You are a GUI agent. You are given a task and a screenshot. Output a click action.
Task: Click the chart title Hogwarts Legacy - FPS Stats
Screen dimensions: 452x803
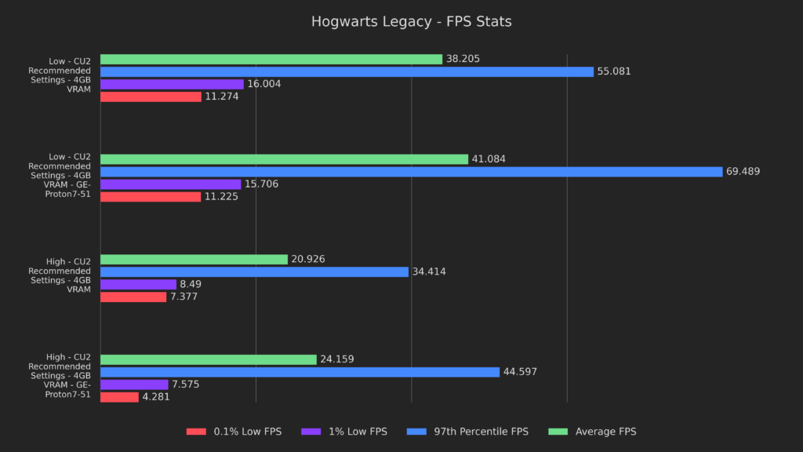(411, 22)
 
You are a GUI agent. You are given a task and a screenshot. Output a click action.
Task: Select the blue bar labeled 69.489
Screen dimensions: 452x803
(411, 172)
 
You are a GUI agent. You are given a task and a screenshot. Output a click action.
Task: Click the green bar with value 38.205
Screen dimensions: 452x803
(271, 59)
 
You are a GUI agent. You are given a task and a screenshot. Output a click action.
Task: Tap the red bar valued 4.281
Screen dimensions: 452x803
(119, 397)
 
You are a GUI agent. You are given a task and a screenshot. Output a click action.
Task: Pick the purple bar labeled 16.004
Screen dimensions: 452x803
(172, 84)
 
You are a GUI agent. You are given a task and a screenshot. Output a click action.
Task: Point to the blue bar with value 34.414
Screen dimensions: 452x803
(254, 272)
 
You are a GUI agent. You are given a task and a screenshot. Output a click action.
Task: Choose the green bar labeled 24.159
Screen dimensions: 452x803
(208, 359)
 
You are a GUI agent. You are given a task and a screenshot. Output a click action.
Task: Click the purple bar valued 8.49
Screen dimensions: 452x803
(138, 285)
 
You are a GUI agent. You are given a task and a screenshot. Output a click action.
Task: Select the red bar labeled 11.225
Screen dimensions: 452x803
(151, 197)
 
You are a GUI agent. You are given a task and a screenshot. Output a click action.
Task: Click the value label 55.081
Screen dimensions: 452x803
(614, 71)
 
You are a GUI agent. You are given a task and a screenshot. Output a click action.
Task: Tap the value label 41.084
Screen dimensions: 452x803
(489, 159)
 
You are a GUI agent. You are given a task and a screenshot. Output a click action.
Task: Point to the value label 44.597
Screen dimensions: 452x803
(520, 372)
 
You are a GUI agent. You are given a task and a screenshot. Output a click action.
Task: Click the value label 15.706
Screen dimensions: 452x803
(261, 184)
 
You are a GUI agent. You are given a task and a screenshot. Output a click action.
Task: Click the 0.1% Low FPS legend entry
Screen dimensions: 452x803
(234, 432)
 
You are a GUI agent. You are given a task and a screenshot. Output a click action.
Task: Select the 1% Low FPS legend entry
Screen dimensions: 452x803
(345, 432)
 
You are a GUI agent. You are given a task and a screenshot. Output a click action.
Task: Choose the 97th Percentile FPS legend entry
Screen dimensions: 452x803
(468, 432)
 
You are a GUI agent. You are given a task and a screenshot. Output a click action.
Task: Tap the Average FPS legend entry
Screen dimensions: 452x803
(593, 432)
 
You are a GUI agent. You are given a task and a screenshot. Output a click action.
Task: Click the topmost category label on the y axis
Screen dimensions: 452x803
(70, 75)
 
